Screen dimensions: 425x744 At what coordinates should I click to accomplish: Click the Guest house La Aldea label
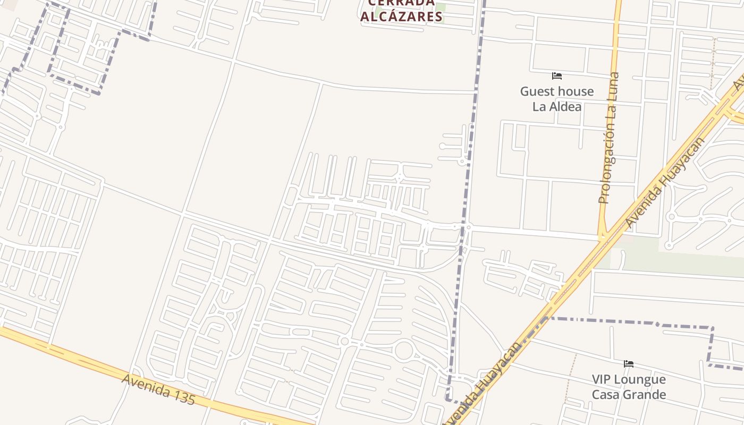pyautogui.click(x=556, y=99)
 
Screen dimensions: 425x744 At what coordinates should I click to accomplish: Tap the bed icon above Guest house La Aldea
pyautogui.click(x=556, y=76)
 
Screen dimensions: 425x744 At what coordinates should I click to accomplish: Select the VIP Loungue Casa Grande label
pyautogui.click(x=629, y=387)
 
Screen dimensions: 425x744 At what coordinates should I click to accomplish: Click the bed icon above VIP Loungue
pyautogui.click(x=629, y=364)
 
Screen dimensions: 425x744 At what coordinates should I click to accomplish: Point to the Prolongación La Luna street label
pyautogui.click(x=609, y=138)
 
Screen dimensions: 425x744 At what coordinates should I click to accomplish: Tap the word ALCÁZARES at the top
pyautogui.click(x=401, y=16)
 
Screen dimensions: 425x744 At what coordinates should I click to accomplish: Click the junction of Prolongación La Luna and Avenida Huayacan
pyautogui.click(x=603, y=237)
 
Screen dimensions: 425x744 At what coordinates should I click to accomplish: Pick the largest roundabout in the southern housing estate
pyautogui.click(x=404, y=351)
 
